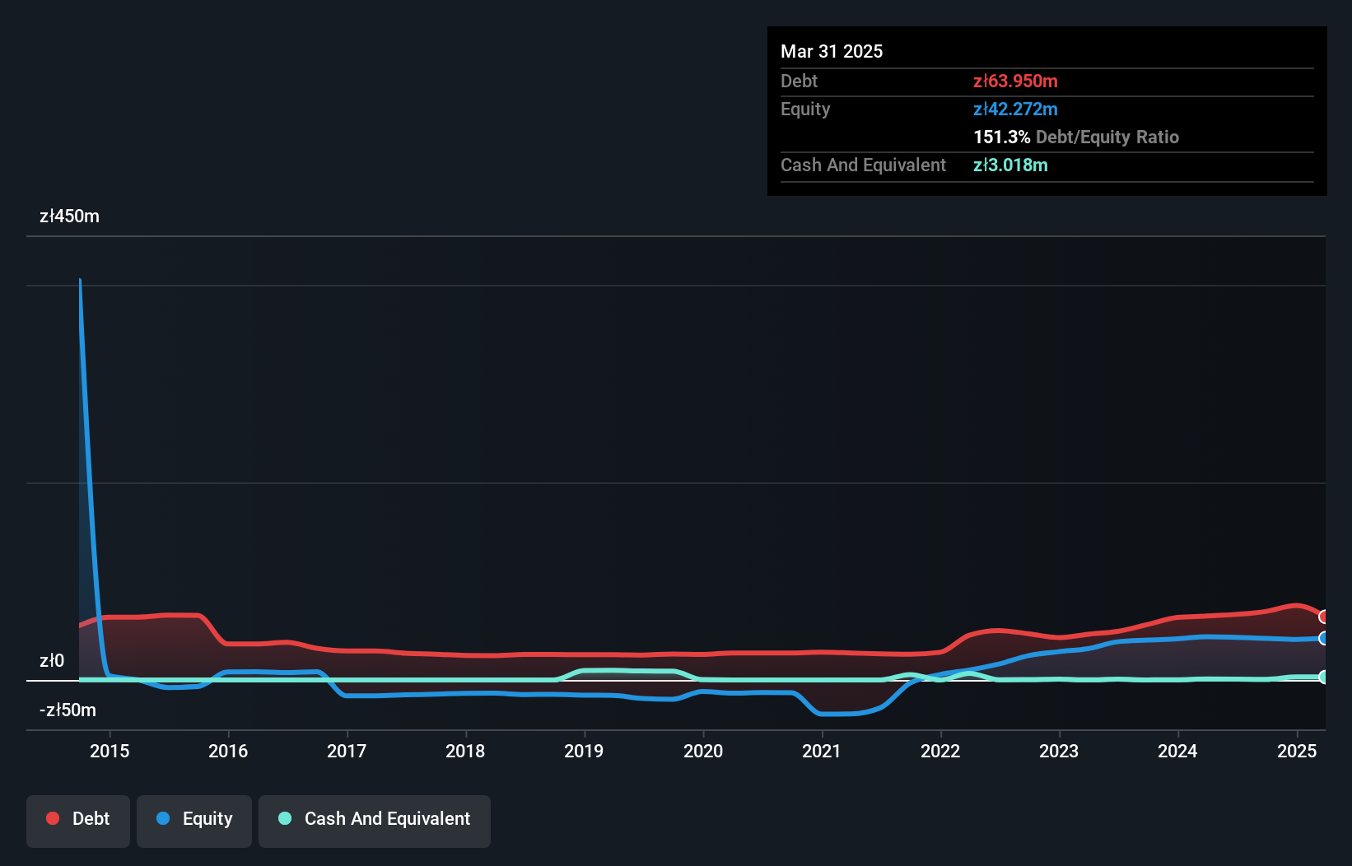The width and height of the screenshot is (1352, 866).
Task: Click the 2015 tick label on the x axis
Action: click(110, 751)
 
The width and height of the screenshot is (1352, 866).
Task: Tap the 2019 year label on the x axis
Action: click(584, 751)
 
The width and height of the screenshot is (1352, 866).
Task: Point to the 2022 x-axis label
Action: click(940, 751)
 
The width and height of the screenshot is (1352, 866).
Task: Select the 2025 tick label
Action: click(1297, 751)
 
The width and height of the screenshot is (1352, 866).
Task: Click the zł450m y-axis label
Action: click(69, 216)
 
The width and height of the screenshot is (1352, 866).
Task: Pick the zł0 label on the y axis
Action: click(52, 661)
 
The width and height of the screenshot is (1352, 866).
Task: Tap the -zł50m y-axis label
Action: click(68, 710)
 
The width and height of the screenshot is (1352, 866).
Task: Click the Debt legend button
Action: click(78, 819)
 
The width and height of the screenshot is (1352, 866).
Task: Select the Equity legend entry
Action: click(194, 819)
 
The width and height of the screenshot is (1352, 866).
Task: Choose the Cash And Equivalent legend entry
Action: click(375, 819)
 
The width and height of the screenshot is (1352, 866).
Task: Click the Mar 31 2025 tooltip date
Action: click(832, 52)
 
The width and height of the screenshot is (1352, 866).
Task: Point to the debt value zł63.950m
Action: click(1015, 81)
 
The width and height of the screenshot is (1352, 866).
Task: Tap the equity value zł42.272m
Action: click(1015, 109)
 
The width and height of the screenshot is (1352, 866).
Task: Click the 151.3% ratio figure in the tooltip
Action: click(1001, 137)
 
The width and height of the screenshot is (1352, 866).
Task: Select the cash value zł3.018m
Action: click(1010, 165)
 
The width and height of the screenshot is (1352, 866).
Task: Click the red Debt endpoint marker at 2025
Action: click(1324, 617)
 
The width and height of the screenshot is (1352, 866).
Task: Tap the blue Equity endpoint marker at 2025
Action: click(1324, 638)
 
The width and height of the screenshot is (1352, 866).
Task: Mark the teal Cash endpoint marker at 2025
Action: click(1324, 677)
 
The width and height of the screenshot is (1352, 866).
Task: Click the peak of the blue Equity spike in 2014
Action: click(80, 281)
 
